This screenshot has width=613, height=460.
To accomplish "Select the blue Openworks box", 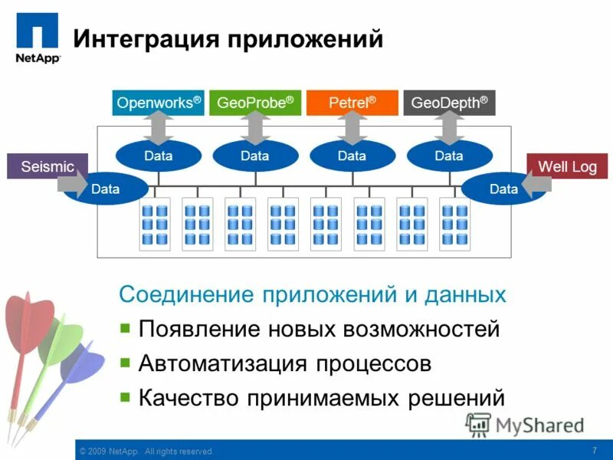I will (158, 103).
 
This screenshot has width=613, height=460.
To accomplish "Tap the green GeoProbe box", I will (255, 103).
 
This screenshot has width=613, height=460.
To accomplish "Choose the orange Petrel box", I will (352, 103).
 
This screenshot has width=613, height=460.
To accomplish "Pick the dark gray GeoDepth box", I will (449, 103).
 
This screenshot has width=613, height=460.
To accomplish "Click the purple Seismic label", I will (48, 166).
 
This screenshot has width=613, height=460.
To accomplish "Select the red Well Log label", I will (567, 166).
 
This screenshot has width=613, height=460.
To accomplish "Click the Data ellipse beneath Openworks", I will (158, 156).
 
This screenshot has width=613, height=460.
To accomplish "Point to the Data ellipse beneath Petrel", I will (352, 156).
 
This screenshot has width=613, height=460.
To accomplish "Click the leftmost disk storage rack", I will (155, 224).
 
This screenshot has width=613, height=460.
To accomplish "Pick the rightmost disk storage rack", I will (455, 224).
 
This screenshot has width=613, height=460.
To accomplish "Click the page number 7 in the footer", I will (595, 450).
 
